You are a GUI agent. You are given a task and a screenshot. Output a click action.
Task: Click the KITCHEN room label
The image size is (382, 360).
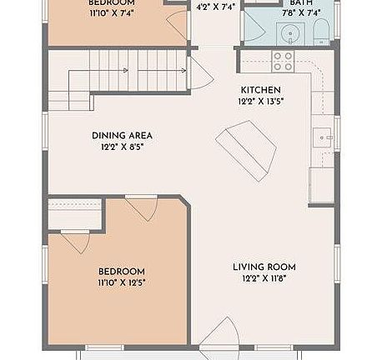point(261,90)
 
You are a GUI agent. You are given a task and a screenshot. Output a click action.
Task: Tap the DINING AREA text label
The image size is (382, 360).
point(122,135)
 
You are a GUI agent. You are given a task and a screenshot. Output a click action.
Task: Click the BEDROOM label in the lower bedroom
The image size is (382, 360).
point(122,272)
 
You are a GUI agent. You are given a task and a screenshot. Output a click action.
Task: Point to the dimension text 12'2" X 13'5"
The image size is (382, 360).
point(261,102)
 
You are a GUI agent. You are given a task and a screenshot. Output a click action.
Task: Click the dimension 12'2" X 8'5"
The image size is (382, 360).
point(122,147)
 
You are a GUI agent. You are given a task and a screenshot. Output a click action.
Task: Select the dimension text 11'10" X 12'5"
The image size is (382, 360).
point(122,283)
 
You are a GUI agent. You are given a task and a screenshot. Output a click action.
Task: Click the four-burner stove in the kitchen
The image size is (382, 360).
point(283,61)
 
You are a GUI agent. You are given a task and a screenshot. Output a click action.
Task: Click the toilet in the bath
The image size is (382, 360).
point(322,33)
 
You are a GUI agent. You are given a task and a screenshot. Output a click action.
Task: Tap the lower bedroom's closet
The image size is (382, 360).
point(74,217)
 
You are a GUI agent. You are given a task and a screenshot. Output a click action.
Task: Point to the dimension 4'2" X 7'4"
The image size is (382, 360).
point(215,7)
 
